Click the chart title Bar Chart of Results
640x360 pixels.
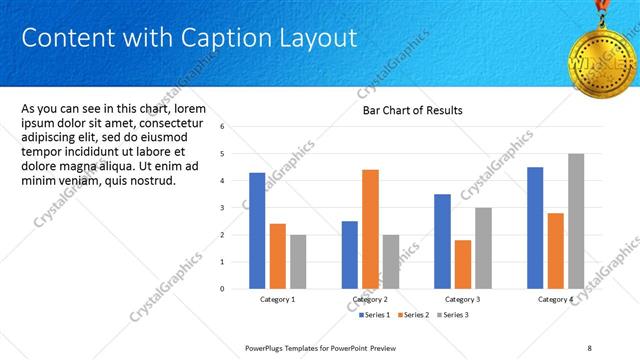point(412,110)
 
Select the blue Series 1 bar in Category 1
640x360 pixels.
point(257,230)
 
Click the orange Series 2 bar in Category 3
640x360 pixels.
point(462,264)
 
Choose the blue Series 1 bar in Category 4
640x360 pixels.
point(535,227)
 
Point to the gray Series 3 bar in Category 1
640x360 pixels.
point(299,261)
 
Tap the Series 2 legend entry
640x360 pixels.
point(414,315)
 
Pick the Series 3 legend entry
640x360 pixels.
point(452,315)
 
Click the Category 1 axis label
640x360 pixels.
point(278,299)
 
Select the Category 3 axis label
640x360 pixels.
point(462,299)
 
